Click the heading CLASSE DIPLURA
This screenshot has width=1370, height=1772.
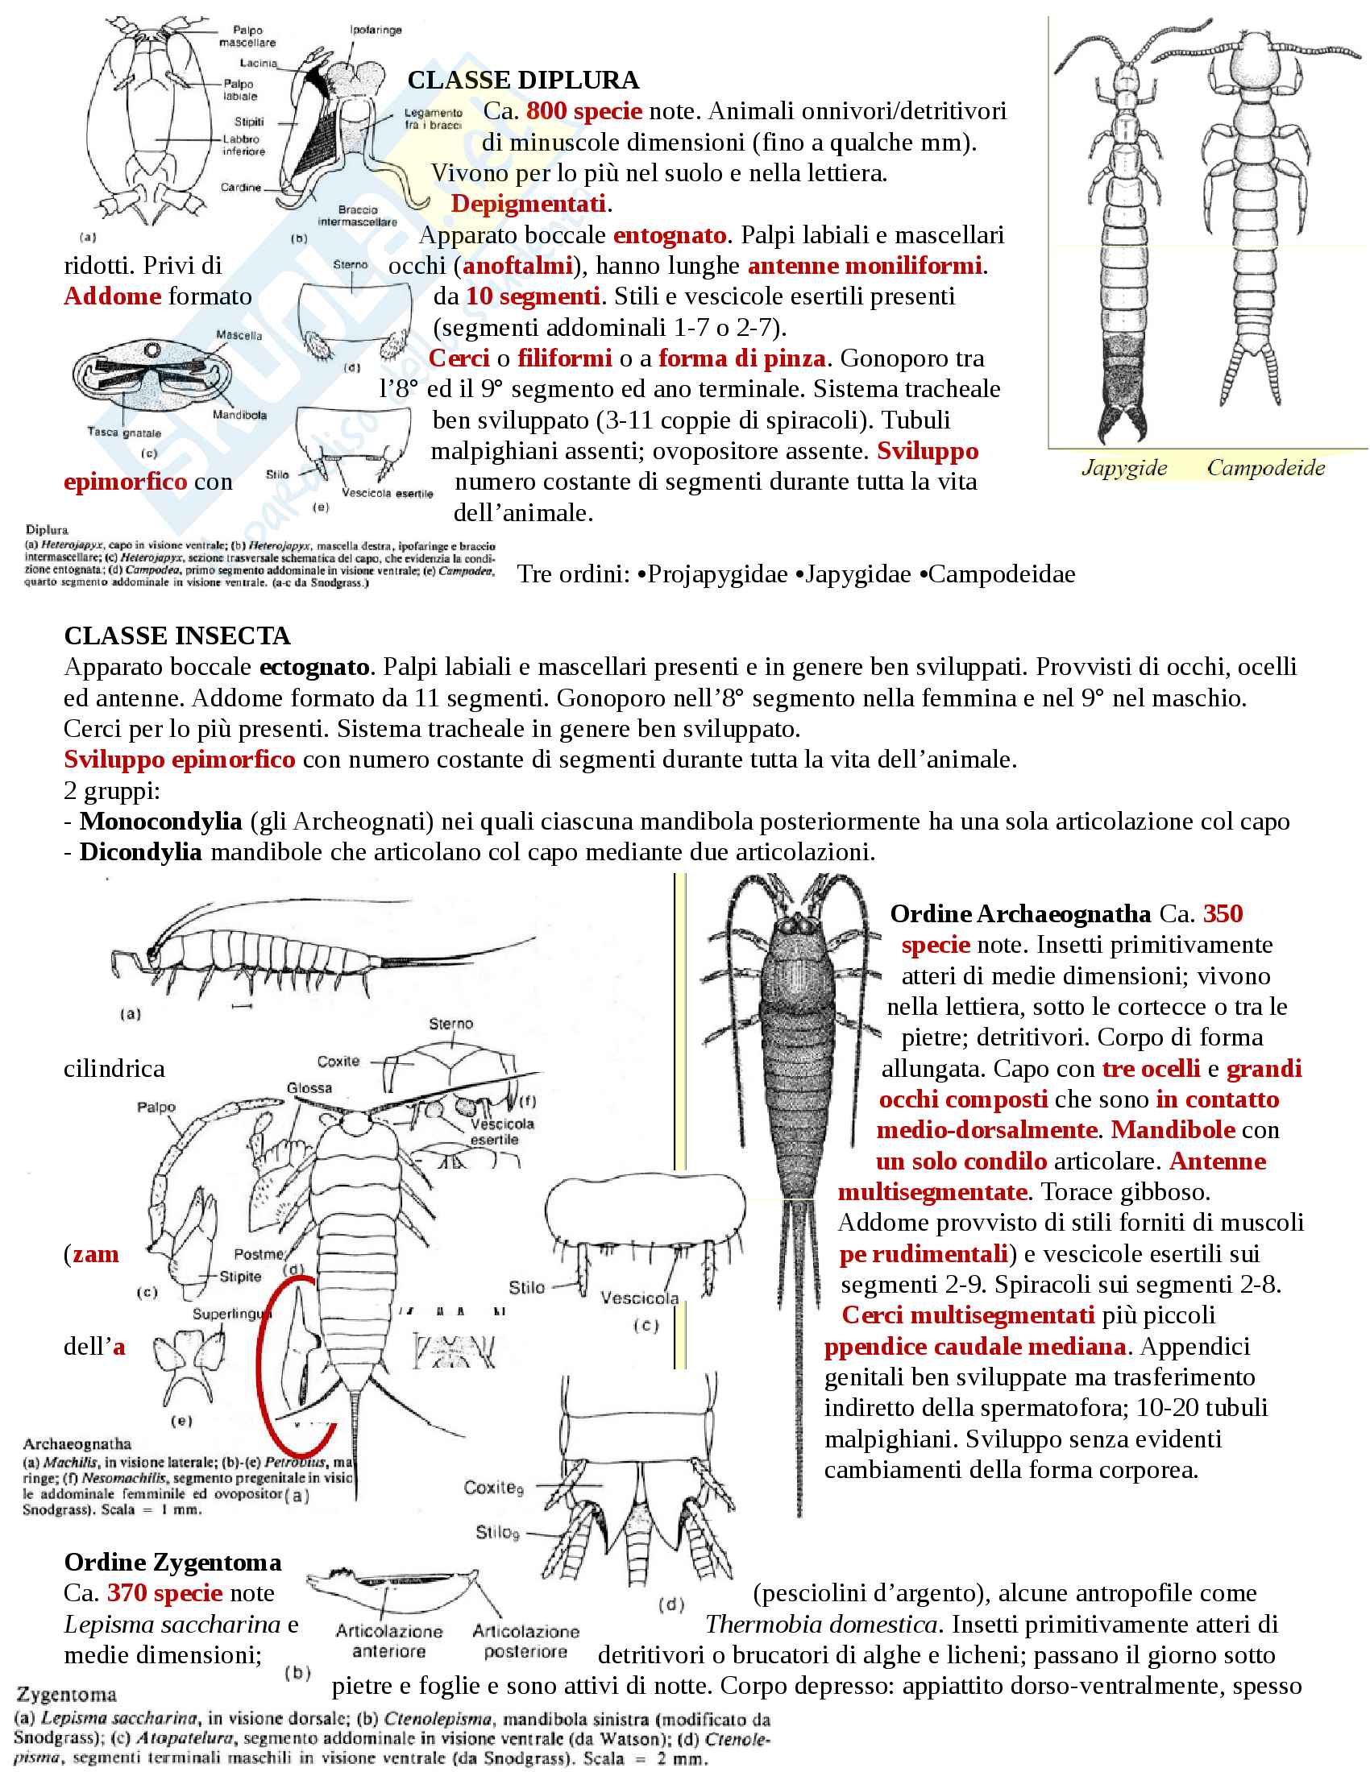click(523, 81)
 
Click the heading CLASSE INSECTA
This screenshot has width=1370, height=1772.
click(177, 636)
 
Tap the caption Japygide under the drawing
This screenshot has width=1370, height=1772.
click(1124, 468)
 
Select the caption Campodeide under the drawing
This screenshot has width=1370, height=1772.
click(1265, 468)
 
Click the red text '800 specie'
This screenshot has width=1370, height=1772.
click(583, 111)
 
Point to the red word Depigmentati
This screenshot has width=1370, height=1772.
click(529, 204)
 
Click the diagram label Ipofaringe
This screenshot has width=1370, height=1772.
click(376, 30)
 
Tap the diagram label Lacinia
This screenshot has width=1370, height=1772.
click(258, 63)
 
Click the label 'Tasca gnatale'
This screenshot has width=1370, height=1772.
click(124, 433)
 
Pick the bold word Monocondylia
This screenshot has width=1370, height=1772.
click(160, 821)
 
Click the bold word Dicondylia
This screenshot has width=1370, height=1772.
click(140, 852)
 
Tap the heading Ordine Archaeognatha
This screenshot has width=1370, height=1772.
click(1020, 913)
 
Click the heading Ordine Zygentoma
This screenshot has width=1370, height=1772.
click(173, 1562)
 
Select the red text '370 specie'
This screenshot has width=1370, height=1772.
click(164, 1592)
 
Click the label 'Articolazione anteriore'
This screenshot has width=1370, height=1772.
click(388, 1641)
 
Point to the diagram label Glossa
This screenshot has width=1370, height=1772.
click(309, 1087)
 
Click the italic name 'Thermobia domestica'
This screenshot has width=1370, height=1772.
click(821, 1625)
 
